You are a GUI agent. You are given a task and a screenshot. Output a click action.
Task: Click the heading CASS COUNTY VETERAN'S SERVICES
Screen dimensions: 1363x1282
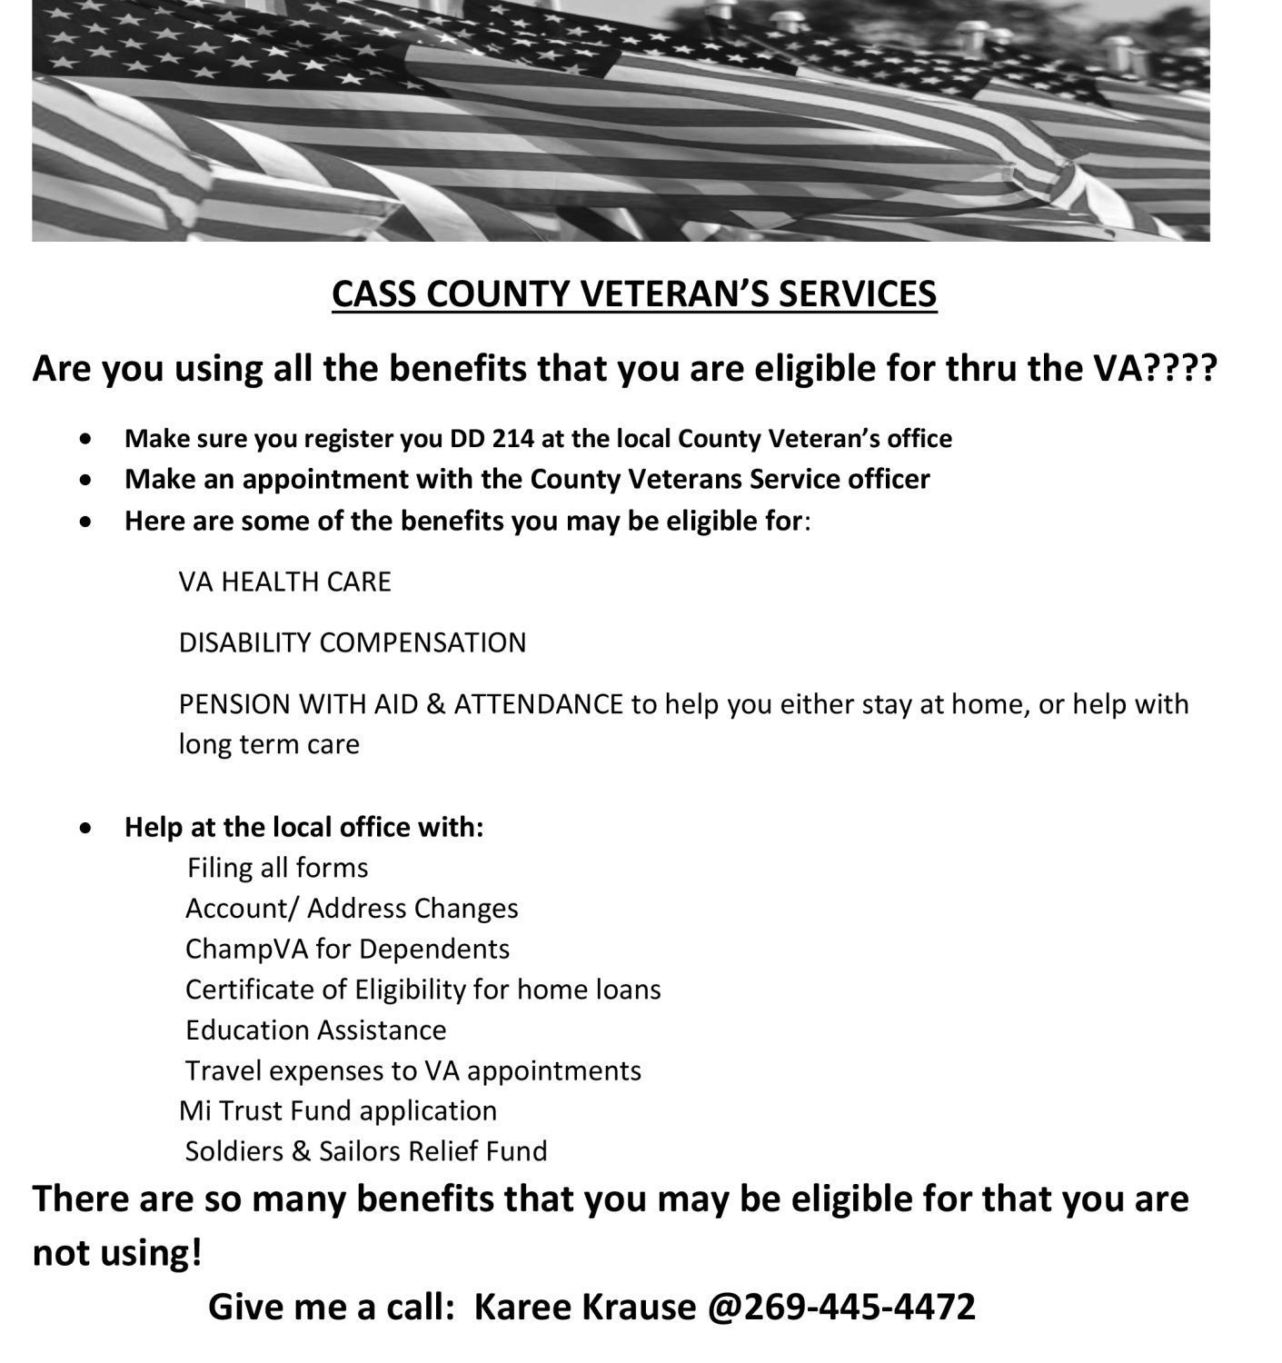pos(633,293)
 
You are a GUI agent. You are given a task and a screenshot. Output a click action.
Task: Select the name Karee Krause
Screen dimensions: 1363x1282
pos(584,1306)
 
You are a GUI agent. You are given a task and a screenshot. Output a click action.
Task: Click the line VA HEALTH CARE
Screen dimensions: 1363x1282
pos(284,582)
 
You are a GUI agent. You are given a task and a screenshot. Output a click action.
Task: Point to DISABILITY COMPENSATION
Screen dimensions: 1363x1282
pos(352,642)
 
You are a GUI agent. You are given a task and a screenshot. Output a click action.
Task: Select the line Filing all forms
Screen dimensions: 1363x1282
pos(277,868)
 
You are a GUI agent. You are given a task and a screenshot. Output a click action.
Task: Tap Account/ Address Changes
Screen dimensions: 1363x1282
pos(352,909)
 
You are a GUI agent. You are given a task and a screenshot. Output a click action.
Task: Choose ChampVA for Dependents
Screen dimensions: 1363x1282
pos(347,949)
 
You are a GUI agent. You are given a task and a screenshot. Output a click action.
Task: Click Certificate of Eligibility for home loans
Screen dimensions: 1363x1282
pos(422,989)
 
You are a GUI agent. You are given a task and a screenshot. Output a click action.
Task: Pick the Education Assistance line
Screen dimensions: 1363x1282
pos(315,1030)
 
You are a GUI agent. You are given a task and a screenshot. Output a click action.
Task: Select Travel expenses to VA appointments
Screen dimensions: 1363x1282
pos(412,1070)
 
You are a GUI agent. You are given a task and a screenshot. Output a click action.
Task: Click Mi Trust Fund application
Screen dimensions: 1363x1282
pos(338,1110)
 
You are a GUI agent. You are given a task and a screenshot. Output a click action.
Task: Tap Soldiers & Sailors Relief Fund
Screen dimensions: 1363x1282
pos(366,1151)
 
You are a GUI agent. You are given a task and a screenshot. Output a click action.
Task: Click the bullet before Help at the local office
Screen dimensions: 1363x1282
pos(85,828)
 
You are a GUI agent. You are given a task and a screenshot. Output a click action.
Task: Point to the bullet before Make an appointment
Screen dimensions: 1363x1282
pos(85,479)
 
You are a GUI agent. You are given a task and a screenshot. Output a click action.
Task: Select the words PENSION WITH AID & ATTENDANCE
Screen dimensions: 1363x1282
pos(401,704)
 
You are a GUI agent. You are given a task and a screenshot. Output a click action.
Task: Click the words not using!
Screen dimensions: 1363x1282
pos(117,1253)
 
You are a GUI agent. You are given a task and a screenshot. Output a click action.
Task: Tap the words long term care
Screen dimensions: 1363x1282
pos(269,744)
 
